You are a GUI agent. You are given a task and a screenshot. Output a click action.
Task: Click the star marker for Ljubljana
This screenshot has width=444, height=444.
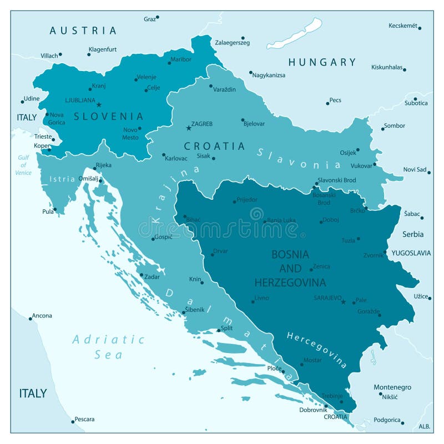pos(99,104)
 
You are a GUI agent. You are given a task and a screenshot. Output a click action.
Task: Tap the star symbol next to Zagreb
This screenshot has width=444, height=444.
pos(188,128)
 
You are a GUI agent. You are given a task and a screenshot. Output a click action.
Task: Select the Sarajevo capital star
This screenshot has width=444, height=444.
pos(343,302)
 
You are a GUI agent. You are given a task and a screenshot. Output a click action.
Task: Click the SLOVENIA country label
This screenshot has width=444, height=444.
pos(109,117)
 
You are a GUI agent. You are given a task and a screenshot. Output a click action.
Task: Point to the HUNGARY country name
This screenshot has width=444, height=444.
pos(322,62)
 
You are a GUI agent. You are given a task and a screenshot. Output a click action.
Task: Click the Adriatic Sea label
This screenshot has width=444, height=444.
pos(108,346)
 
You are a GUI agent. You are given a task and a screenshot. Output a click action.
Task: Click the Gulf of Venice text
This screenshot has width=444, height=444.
pos(23,165)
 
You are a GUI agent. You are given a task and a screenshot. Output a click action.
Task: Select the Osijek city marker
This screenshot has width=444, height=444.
pos(358,149)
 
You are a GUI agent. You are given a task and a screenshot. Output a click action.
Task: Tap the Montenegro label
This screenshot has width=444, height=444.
pos(392,387)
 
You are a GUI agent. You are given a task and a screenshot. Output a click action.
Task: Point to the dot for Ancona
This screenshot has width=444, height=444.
pos(31,319)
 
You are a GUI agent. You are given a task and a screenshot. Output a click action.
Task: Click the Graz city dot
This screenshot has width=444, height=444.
pos(158,17)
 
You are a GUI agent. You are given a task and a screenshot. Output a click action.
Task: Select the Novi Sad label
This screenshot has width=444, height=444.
pos(414,169)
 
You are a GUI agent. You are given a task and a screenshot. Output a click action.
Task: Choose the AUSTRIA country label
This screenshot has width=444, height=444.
pos(83,31)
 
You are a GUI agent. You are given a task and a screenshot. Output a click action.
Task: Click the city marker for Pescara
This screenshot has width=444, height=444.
pos(73,421)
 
